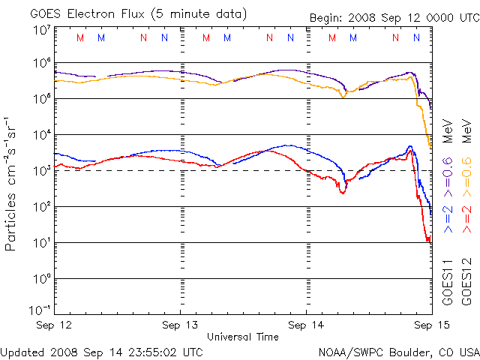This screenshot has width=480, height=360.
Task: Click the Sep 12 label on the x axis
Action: (55, 325)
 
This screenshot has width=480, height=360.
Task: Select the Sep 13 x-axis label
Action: (181, 325)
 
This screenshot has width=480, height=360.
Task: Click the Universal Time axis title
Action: (243, 337)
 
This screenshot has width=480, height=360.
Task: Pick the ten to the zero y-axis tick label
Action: (41, 278)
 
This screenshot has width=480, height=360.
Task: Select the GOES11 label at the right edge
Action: (448, 282)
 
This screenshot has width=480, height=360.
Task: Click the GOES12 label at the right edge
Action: (465, 282)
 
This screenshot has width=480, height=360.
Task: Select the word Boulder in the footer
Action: (409, 351)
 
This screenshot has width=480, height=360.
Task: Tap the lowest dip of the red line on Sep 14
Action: (343, 193)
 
